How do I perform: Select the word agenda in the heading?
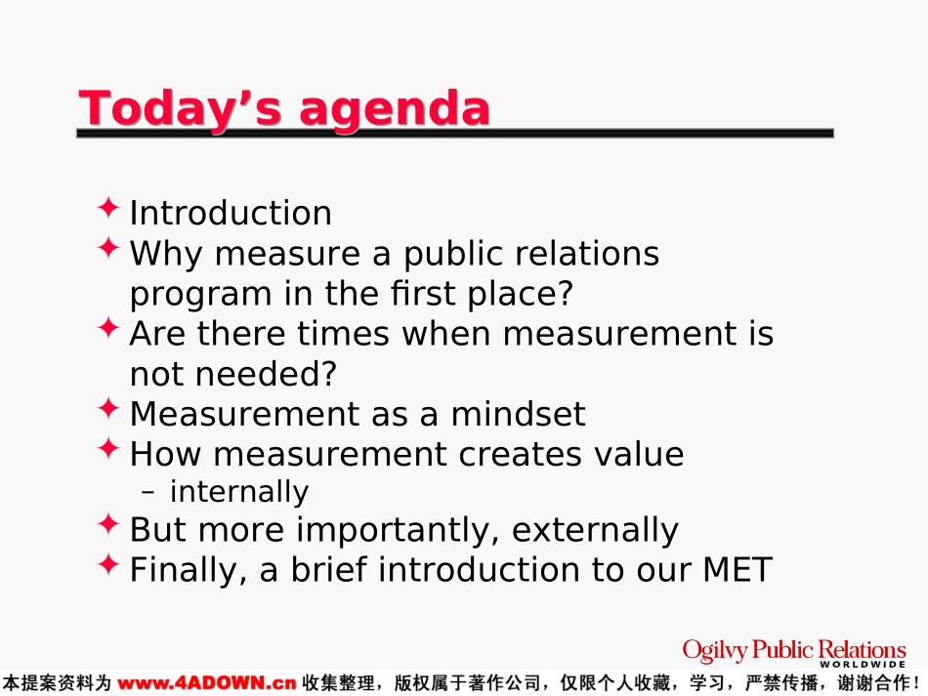point(395,110)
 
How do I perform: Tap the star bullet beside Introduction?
point(108,208)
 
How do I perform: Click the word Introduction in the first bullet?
point(231,213)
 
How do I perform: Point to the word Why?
point(166,255)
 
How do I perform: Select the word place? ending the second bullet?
point(521,294)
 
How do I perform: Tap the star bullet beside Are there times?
point(108,328)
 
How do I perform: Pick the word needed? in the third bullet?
point(266,374)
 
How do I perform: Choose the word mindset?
point(518,414)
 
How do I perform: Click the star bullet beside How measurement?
point(108,449)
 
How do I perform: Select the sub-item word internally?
point(239,492)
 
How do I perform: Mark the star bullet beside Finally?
point(108,565)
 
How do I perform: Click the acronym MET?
point(738,570)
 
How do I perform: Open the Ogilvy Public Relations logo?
point(794,653)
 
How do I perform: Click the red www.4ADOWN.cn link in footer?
point(206,683)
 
